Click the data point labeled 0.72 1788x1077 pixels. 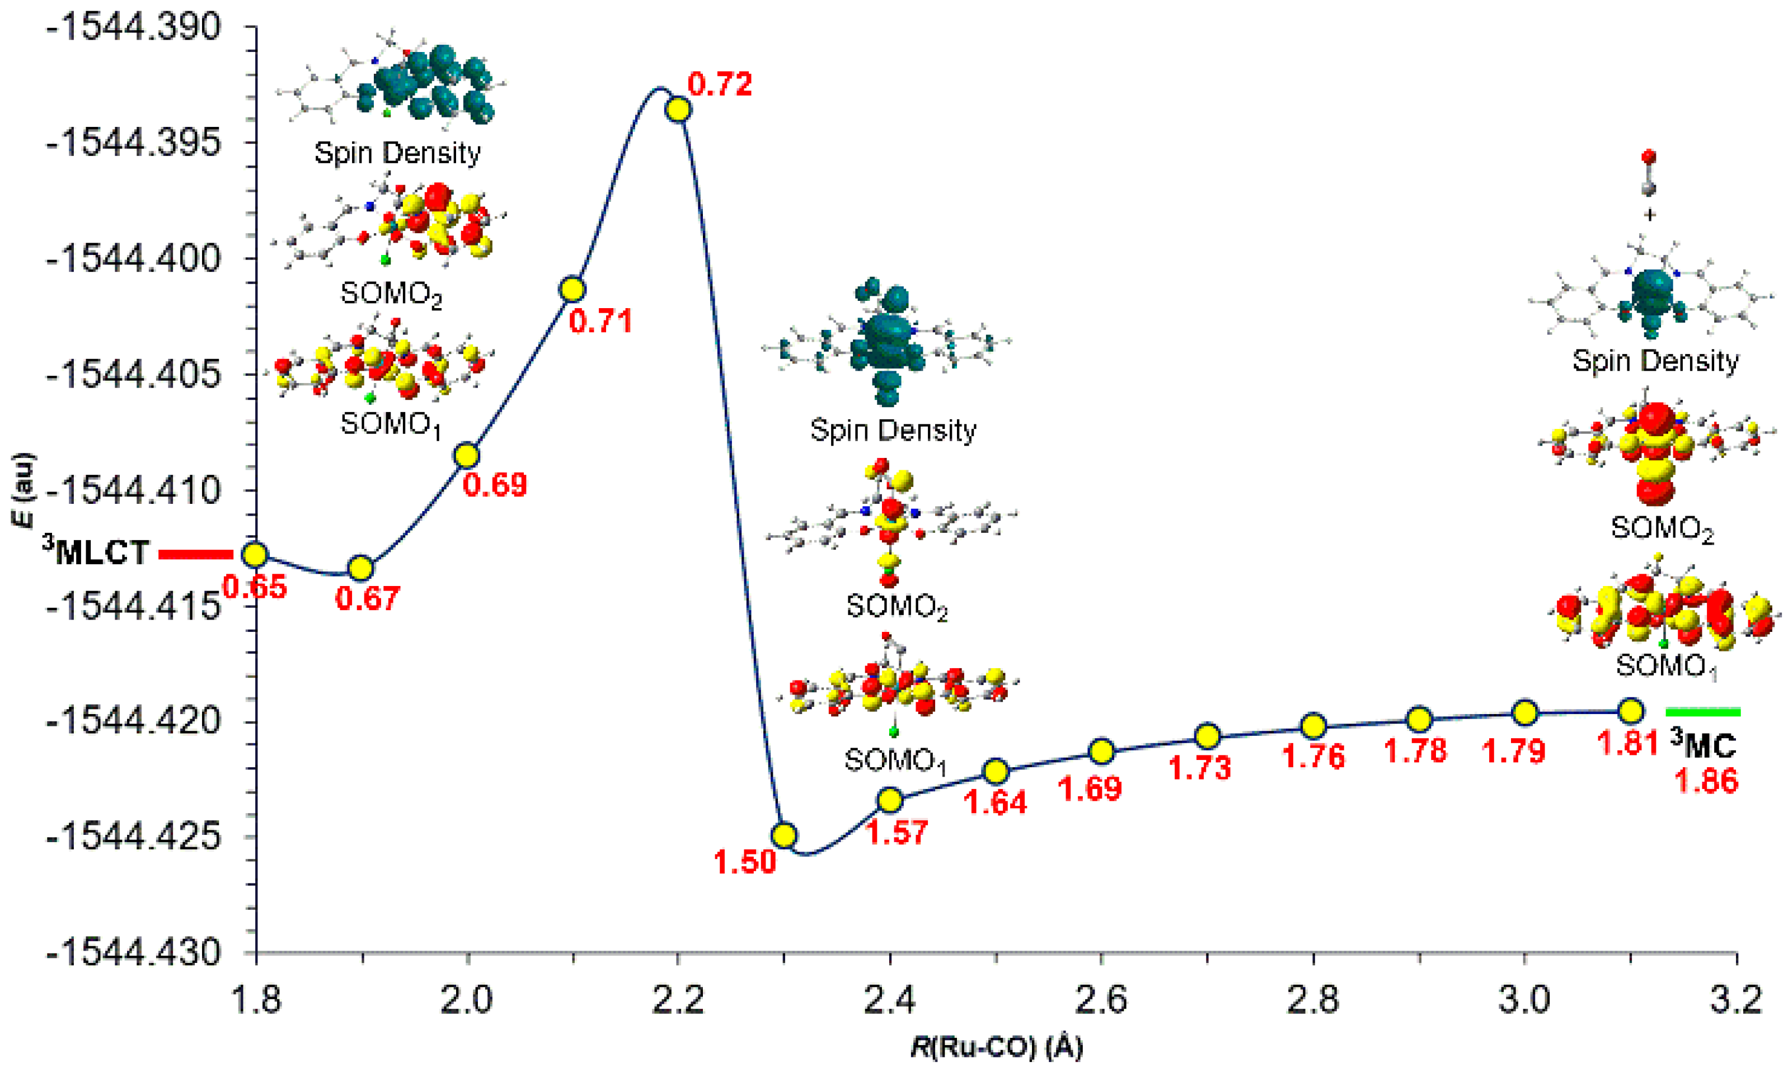[678, 110]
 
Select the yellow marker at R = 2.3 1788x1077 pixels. [783, 835]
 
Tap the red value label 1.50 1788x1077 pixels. [744, 862]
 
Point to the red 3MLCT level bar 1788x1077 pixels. [195, 555]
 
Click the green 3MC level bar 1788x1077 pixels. [1702, 711]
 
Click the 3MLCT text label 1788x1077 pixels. [95, 552]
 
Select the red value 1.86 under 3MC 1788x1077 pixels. [1706, 781]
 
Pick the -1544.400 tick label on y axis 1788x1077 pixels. [133, 259]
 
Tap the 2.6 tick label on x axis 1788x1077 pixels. [1101, 1001]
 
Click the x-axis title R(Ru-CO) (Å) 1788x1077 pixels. [996, 1047]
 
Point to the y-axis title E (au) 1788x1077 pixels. [23, 490]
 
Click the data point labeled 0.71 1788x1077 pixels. [572, 289]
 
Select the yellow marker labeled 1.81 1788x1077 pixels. [1631, 711]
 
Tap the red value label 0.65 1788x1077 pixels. [255, 587]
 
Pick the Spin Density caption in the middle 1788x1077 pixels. [893, 430]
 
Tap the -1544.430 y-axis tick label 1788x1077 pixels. [133, 952]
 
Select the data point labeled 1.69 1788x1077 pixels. [1101, 752]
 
